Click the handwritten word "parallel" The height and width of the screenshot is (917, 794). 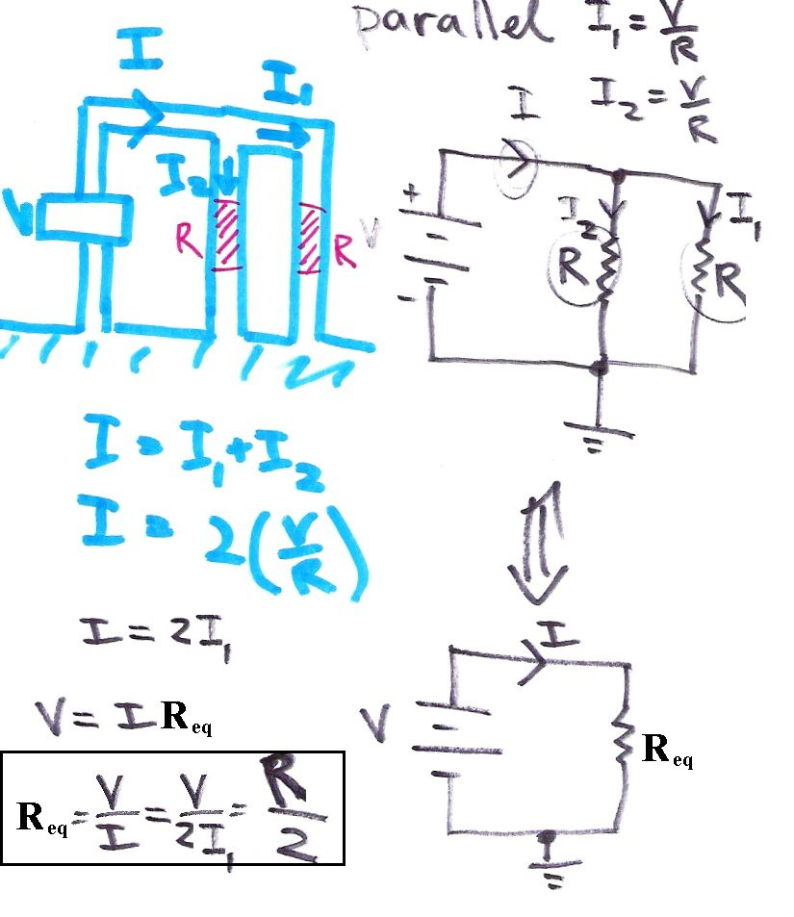point(452,26)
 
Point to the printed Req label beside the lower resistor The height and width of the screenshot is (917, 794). point(667,750)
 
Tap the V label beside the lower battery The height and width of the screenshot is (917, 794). point(376,717)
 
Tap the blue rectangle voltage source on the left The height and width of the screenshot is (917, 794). point(85,217)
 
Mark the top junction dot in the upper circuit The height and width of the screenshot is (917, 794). point(618,176)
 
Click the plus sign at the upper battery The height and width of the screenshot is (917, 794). point(413,195)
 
